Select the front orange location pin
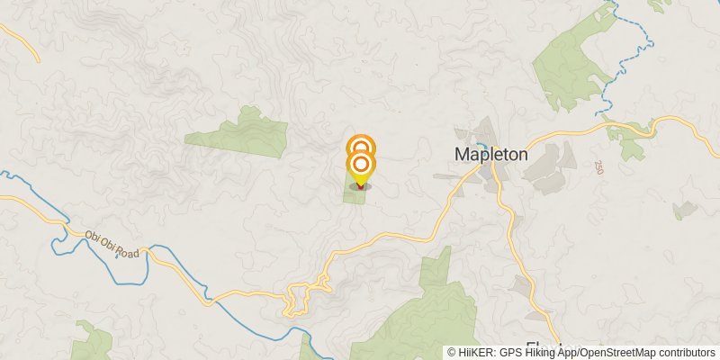point(360,165)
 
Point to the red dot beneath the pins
point(360,186)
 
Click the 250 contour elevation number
point(598,168)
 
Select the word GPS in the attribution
point(511,353)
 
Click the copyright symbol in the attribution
point(451,353)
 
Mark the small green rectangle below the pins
point(355,194)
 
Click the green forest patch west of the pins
point(238,134)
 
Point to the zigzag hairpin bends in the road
point(306,295)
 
